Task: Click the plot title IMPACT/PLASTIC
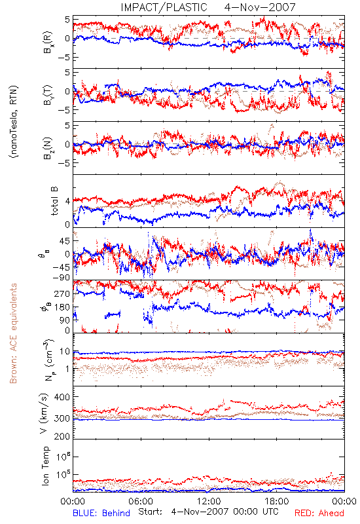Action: click(164, 7)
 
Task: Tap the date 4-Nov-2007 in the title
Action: click(260, 7)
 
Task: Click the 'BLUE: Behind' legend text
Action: click(101, 513)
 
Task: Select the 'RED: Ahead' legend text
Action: click(319, 513)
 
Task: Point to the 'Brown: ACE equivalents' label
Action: click(13, 333)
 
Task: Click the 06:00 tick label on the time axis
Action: click(141, 501)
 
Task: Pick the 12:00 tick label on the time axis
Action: click(209, 501)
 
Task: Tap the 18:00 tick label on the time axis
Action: click(277, 501)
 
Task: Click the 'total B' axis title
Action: click(54, 201)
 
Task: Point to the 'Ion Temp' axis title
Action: click(45, 466)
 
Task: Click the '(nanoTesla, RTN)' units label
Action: click(14, 121)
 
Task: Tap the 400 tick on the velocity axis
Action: click(62, 397)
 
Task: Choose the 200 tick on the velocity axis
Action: click(62, 436)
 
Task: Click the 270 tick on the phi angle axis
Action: click(62, 293)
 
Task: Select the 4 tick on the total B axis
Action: click(68, 202)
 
